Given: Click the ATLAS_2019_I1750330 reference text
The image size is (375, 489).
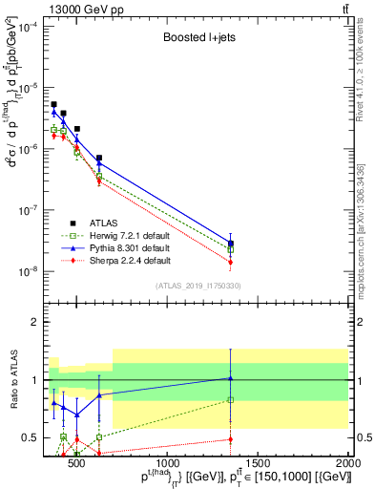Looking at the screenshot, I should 198,285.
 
